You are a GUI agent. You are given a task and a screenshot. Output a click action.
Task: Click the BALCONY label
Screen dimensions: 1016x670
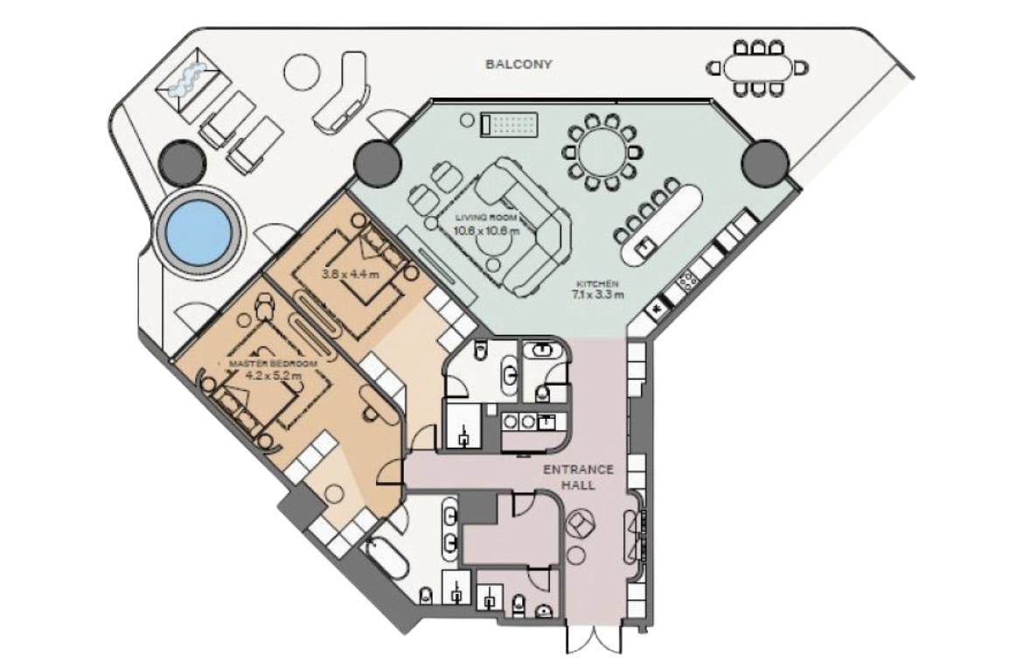518,64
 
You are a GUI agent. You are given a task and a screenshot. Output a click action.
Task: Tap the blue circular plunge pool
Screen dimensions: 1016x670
199,231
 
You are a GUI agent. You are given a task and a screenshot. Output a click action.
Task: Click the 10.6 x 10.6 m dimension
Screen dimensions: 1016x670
487,230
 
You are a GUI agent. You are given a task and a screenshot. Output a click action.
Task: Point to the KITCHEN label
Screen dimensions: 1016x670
598,283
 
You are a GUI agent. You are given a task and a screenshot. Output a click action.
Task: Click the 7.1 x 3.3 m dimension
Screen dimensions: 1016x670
598,295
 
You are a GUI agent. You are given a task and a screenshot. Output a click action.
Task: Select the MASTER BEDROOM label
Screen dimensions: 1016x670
274,364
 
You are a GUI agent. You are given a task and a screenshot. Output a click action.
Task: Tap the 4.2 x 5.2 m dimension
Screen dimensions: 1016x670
274,374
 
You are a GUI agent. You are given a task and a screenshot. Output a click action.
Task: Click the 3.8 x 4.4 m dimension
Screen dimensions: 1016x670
351,274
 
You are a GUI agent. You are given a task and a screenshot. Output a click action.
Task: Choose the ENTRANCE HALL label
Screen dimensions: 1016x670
579,476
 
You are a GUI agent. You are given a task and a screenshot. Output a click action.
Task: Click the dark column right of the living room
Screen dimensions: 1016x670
765,161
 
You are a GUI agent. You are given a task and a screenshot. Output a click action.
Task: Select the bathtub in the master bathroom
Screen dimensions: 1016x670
386,562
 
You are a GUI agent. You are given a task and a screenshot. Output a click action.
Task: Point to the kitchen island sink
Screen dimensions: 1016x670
645,247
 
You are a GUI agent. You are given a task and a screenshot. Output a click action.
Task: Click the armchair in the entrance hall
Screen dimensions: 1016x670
580,524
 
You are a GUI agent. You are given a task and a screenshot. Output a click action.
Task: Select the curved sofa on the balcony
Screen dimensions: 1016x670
341,93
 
